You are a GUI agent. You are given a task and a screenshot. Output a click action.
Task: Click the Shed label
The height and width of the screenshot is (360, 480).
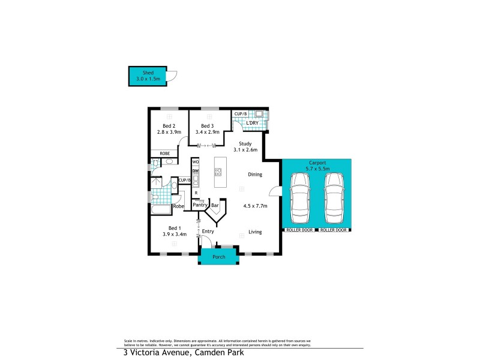(148, 73)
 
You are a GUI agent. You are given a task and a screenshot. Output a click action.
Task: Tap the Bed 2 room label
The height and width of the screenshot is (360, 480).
(169, 125)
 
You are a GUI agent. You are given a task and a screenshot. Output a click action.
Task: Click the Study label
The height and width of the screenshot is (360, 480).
(245, 143)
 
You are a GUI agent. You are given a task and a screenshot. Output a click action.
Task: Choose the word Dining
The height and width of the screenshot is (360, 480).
(256, 175)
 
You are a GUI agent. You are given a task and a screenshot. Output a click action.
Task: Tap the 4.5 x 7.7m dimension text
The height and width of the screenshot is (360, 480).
(255, 206)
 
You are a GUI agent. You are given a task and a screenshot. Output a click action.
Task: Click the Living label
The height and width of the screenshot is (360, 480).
(256, 231)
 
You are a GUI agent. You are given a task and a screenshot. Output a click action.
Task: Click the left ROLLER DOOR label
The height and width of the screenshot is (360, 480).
(299, 230)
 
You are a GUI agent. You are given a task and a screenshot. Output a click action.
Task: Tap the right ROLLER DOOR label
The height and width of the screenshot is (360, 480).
(334, 230)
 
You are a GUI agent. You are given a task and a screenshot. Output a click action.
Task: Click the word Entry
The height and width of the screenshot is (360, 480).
(208, 231)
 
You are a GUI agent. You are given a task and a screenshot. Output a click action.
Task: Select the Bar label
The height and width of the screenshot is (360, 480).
(215, 205)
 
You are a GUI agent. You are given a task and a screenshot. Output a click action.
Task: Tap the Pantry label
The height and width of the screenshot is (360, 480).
(200, 205)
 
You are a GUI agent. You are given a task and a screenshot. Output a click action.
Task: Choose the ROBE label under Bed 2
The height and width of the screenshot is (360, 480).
(164, 154)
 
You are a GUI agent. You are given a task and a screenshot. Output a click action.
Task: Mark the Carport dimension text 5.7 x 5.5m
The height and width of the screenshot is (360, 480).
(317, 169)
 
